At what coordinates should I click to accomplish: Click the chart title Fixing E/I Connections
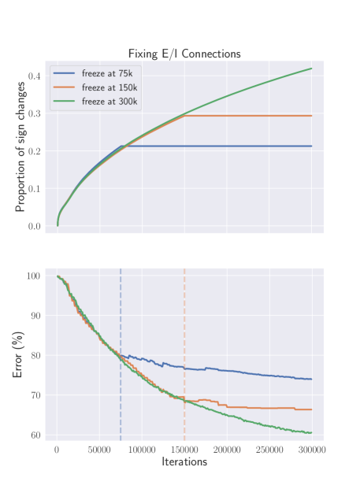tap(184, 54)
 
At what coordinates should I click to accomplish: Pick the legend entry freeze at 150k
tap(104, 87)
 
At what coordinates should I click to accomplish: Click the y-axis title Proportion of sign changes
tap(21, 148)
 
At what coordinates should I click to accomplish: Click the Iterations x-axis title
tap(184, 461)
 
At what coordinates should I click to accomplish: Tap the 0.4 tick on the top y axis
tap(35, 76)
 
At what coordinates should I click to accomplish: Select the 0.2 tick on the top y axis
tap(35, 151)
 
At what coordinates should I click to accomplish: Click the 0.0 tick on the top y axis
tap(35, 227)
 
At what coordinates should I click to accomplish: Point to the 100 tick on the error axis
tap(33, 276)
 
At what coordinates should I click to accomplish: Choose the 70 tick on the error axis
tap(35, 395)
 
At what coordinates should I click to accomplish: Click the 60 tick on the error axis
tap(35, 435)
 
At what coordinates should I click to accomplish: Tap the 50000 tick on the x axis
tap(99, 449)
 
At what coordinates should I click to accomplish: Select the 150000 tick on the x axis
tap(184, 449)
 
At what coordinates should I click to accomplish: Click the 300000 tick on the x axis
tap(312, 449)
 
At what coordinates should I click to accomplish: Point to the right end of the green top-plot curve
tap(312, 69)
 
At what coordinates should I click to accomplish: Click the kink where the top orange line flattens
tap(184, 116)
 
